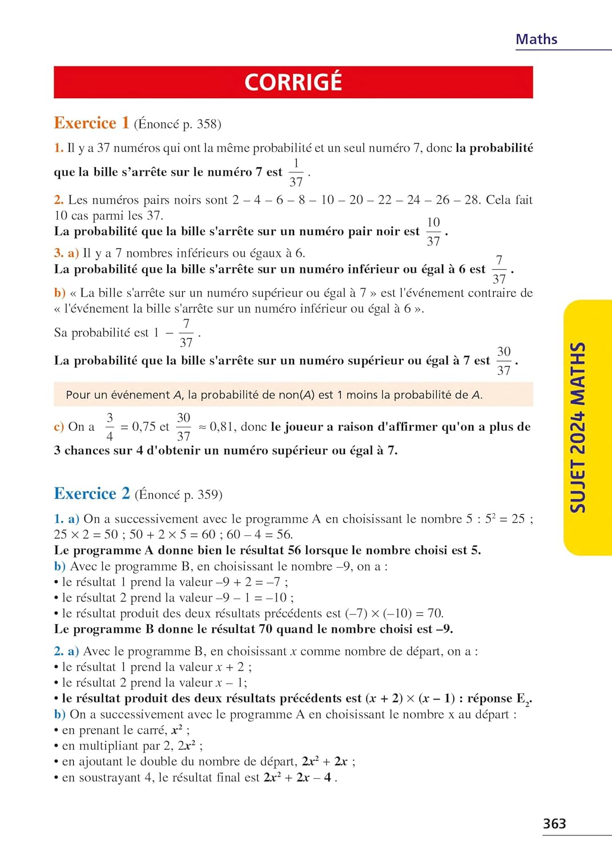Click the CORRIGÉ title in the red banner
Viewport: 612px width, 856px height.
click(293, 82)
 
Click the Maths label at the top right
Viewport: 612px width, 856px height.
click(536, 39)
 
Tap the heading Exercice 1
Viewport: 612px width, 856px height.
click(91, 123)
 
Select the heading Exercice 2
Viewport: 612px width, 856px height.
click(91, 494)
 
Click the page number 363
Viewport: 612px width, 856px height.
click(554, 823)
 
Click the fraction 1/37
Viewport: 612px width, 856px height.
click(296, 172)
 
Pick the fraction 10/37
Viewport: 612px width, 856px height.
click(433, 232)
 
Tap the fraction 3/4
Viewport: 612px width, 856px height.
click(110, 427)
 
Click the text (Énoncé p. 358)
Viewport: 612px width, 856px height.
click(178, 124)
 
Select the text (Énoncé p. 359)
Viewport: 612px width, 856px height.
click(178, 495)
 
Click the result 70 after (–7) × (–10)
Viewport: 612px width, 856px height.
click(435, 613)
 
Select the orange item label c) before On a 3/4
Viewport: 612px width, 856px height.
click(59, 427)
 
